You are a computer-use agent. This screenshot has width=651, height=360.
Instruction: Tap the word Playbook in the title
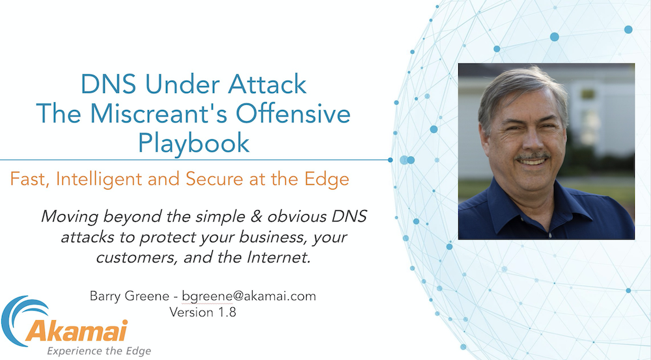(193, 143)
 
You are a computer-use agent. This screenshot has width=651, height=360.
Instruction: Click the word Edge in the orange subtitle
(329, 180)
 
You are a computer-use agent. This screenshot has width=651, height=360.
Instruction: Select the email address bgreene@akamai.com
(249, 296)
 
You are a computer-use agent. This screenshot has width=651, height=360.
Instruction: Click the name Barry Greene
(129, 296)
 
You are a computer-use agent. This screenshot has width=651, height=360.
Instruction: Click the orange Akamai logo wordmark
(85, 331)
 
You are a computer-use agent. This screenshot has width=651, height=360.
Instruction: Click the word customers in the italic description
(132, 257)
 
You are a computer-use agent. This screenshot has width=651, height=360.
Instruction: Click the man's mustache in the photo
(532, 158)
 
